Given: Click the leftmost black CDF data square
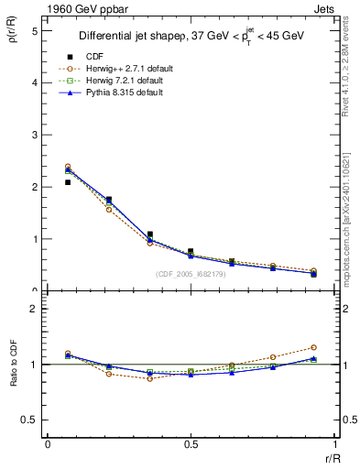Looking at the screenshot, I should point(68,182).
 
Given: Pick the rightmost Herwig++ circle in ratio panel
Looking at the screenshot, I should point(313,348).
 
